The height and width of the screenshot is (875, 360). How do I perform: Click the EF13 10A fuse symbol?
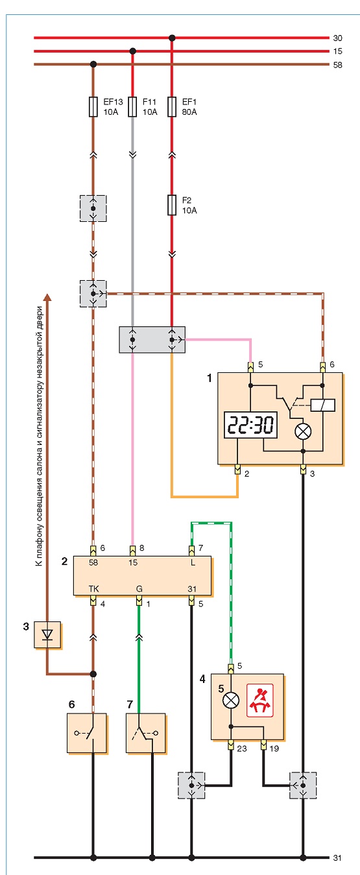(93, 106)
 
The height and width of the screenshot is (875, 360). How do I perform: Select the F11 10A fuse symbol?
(133, 106)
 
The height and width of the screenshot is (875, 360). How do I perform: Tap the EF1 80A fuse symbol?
(172, 106)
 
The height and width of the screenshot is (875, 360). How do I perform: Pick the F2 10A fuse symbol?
(172, 205)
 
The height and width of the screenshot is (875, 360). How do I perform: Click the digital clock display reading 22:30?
(251, 425)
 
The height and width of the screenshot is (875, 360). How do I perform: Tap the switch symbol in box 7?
(145, 733)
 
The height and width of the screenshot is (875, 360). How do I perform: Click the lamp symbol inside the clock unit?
(303, 431)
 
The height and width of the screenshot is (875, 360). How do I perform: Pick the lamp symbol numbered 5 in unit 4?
(231, 701)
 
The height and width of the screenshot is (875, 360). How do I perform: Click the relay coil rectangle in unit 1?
(323, 405)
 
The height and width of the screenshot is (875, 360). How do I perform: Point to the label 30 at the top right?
(337, 38)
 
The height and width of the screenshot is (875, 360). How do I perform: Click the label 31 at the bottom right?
(337, 858)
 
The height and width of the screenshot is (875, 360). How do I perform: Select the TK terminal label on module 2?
(93, 588)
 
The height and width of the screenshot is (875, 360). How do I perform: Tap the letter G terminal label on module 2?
(139, 588)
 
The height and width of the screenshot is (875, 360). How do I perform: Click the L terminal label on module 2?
(193, 562)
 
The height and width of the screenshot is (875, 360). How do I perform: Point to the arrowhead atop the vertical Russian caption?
(47, 297)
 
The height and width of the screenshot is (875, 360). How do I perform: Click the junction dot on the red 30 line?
(172, 38)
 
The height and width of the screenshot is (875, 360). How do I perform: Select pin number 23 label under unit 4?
(242, 749)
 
